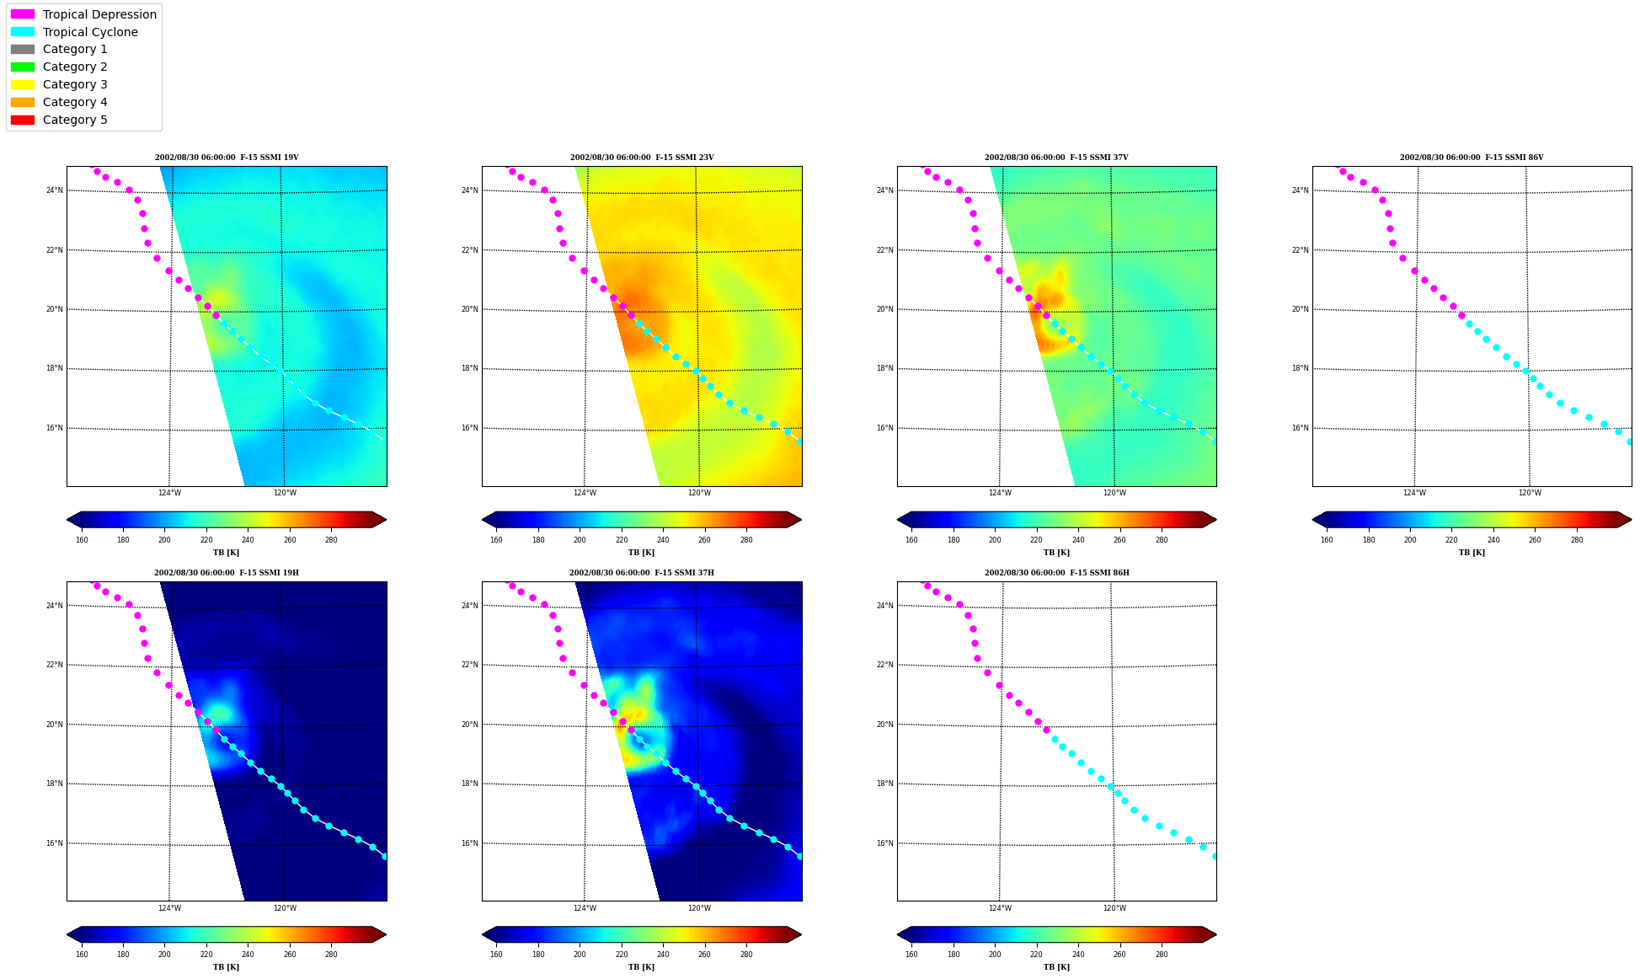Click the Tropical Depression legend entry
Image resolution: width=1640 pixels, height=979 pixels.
83,14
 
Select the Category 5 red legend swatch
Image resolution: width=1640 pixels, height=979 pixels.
23,120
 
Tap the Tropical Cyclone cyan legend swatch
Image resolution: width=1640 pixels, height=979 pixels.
23,32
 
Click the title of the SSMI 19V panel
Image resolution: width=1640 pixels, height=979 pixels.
227,158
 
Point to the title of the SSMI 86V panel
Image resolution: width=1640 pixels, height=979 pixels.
1472,158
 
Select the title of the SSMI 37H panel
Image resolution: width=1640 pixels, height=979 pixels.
642,573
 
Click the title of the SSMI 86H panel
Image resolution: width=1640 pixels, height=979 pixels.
1057,573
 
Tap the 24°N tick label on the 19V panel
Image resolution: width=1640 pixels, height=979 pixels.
54,190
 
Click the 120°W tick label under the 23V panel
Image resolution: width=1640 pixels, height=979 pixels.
699,493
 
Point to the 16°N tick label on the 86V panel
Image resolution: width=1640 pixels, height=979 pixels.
1300,428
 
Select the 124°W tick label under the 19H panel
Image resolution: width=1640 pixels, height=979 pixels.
169,908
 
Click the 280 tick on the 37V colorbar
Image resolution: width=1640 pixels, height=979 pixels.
1162,540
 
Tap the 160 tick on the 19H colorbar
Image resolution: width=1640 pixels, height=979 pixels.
82,955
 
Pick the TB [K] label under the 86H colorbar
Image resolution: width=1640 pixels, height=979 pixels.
1057,967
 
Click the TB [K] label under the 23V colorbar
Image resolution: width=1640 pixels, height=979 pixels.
642,553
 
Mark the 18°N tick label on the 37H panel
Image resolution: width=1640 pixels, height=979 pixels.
469,784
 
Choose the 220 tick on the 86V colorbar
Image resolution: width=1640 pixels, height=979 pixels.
1451,540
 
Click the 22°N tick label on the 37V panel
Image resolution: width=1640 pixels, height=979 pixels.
884,250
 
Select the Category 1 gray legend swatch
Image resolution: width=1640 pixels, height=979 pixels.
23,50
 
